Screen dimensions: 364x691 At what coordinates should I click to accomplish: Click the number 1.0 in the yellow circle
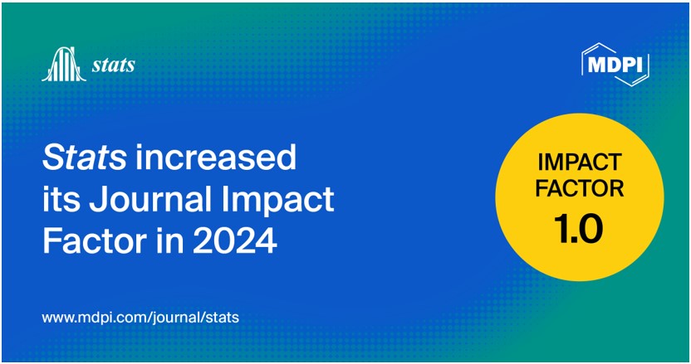pos(579,227)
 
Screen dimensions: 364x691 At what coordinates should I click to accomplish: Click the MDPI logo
pos(615,62)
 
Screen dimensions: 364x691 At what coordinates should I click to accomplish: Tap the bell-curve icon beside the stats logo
pos(63,65)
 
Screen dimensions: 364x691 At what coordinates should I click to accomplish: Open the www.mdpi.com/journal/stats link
pos(140,317)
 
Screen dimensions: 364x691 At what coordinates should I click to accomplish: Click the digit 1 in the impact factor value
pos(559,227)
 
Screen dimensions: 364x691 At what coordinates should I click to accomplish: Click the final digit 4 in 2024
pos(265,242)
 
